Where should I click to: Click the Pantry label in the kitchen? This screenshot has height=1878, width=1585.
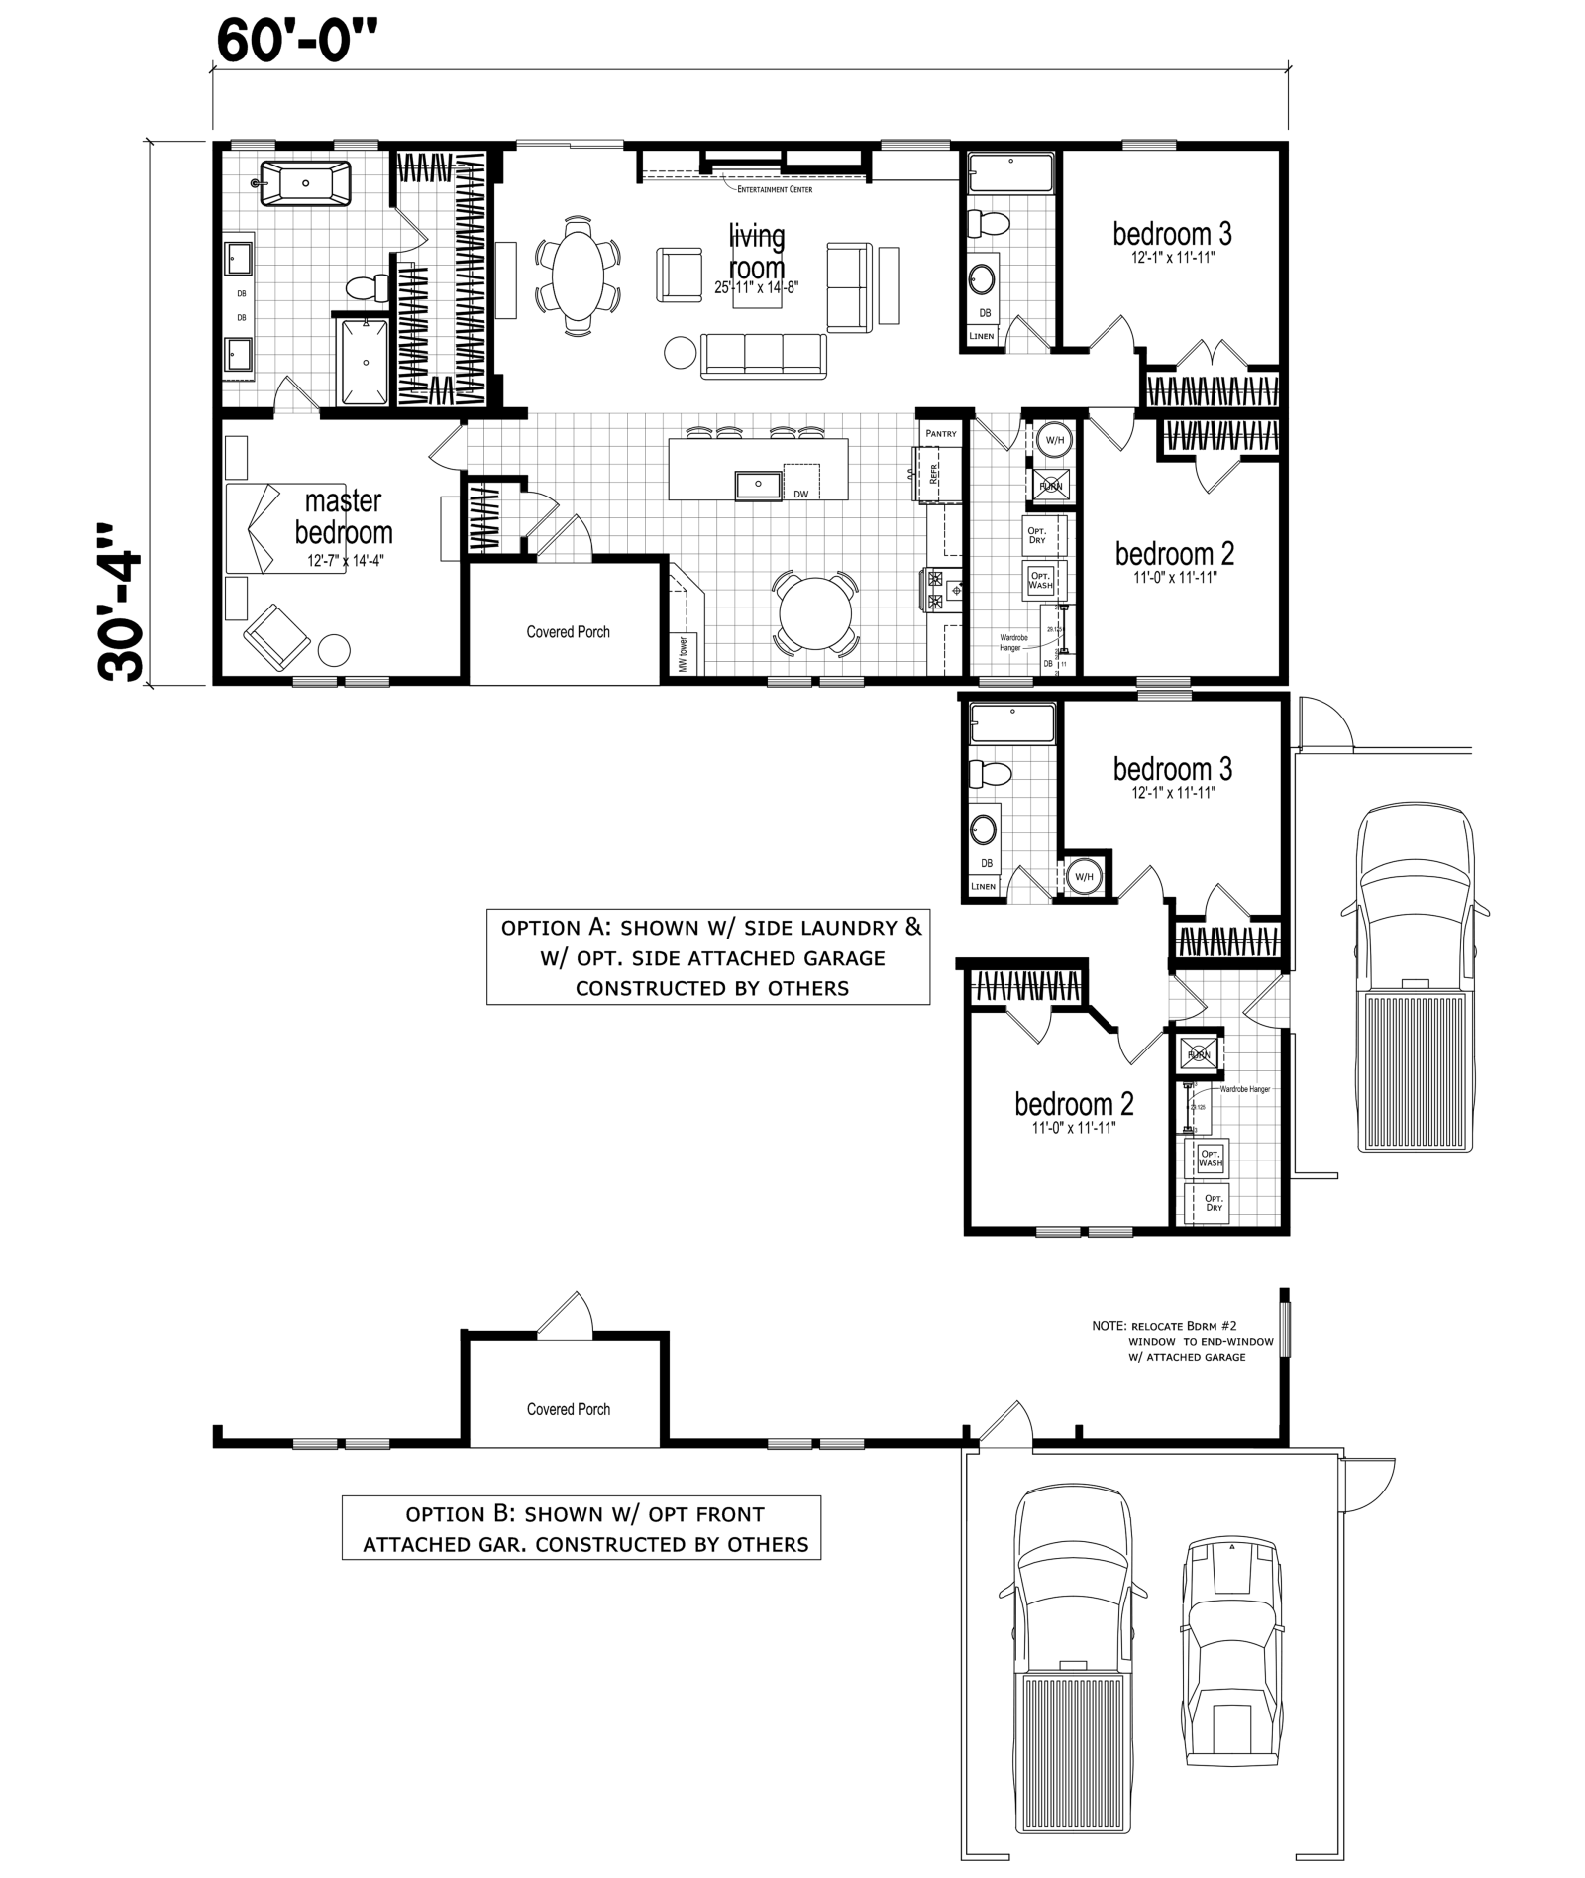pyautogui.click(x=940, y=433)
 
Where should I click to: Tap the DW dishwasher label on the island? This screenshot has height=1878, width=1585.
pyautogui.click(x=799, y=494)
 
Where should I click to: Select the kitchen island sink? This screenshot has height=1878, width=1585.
pyautogui.click(x=758, y=485)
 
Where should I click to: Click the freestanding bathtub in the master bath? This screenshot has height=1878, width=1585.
pyautogui.click(x=305, y=183)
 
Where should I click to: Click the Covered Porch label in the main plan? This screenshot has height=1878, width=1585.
pyautogui.click(x=568, y=632)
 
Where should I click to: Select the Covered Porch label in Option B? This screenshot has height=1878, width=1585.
pyautogui.click(x=568, y=1409)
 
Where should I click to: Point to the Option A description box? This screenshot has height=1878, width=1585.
pyautogui.click(x=708, y=957)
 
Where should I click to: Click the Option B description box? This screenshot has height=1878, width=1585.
pyautogui.click(x=582, y=1528)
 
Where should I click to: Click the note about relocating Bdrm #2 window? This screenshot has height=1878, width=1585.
pyautogui.click(x=1181, y=1341)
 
